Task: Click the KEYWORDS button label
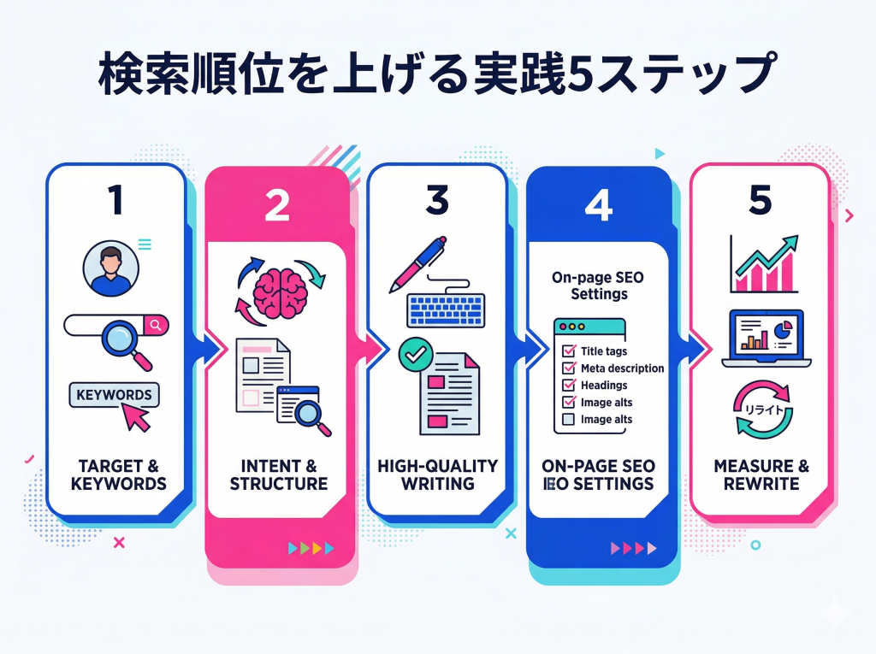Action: coord(114,395)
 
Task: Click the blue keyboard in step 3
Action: coord(445,309)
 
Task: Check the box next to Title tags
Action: coord(566,351)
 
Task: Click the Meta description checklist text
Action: coord(622,368)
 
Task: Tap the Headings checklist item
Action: coord(604,386)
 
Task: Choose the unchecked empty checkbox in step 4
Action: coord(566,420)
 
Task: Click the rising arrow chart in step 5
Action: coord(763,262)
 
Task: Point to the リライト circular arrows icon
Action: coord(761,409)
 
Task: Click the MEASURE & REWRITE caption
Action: coord(761,474)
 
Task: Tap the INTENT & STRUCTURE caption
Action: coord(279,474)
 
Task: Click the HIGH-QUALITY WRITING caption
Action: coord(437,474)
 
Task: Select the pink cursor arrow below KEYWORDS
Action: coord(136,418)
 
